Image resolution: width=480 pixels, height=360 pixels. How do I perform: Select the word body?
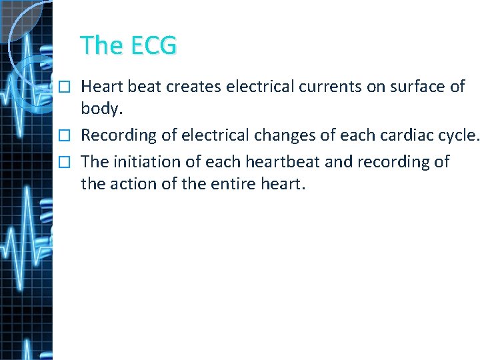[99, 109]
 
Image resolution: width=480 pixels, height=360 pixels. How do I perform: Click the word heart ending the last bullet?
[283, 183]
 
